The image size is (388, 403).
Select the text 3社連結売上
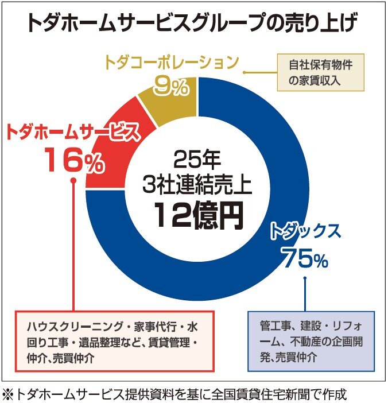[198, 185]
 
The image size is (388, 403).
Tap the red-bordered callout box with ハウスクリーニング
[115, 342]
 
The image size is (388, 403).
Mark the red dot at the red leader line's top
[73, 181]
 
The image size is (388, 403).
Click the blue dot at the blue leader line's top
[305, 278]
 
